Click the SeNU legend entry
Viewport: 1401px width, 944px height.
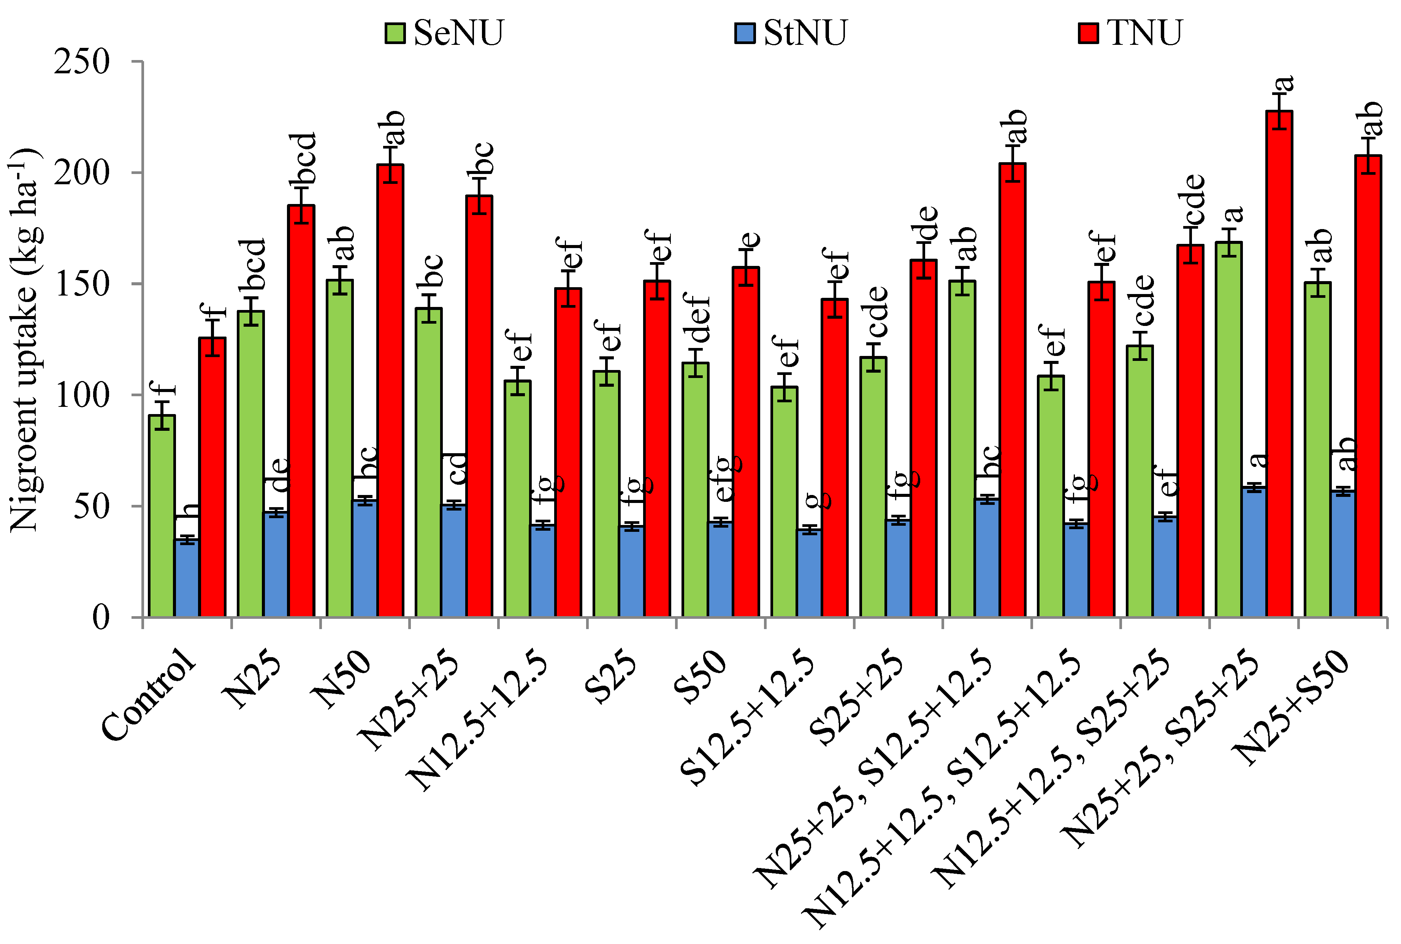445,33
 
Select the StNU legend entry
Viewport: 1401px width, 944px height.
790,33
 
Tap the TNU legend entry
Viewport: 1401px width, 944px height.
1130,33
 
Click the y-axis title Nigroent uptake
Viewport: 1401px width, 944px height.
24,340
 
